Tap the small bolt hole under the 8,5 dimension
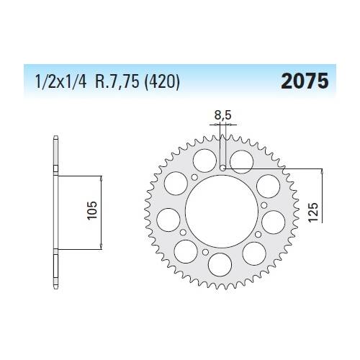pos(224,168)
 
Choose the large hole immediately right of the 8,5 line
pos(243,158)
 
